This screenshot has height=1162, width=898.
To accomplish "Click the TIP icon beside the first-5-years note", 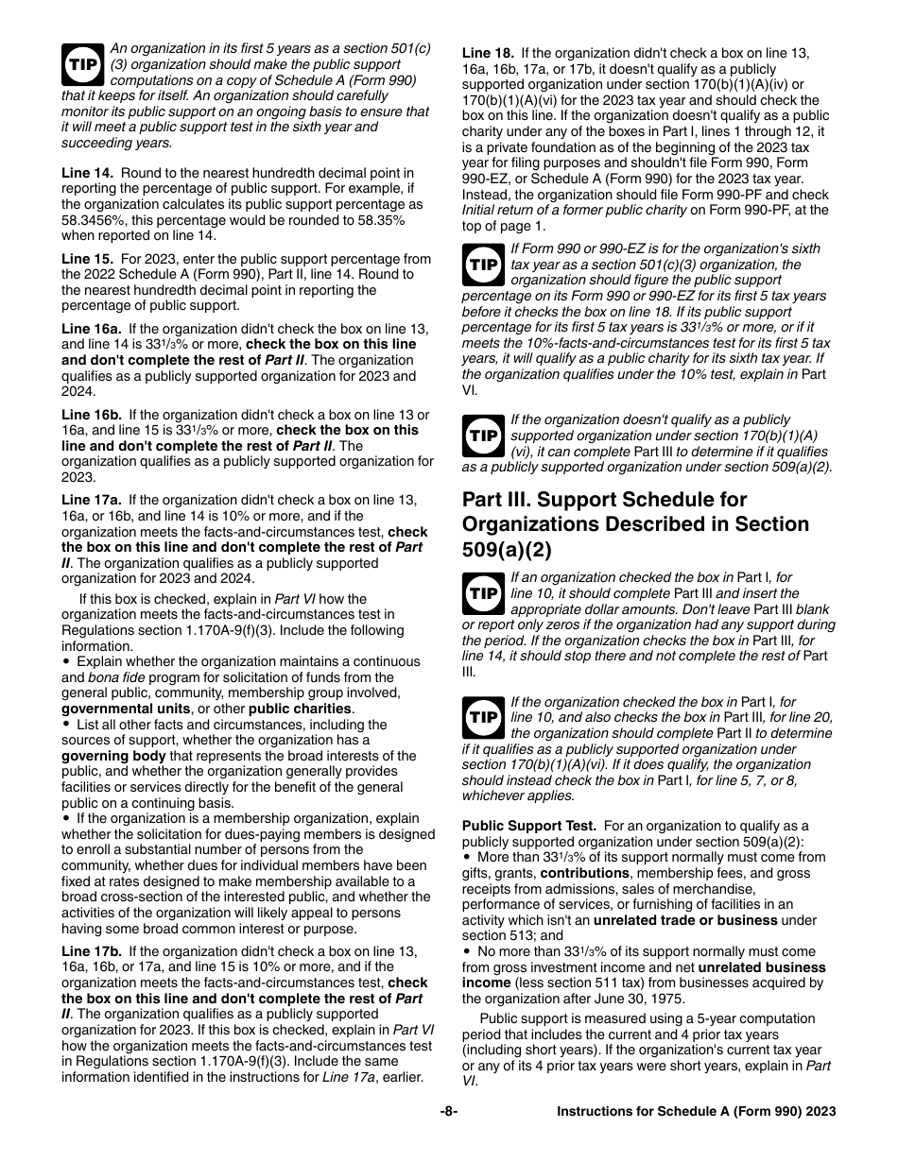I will click(82, 64).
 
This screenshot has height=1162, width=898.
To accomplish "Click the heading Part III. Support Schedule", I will click(604, 500).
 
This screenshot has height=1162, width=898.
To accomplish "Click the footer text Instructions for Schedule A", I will click(696, 1112).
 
